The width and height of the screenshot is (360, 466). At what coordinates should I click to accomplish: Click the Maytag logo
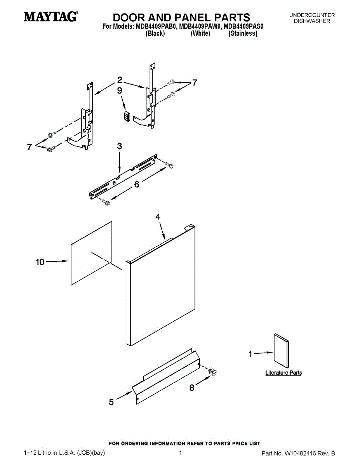pos(50,17)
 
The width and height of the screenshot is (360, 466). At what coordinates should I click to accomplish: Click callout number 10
pos(40,262)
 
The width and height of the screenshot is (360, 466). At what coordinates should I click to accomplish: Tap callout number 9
pos(120,90)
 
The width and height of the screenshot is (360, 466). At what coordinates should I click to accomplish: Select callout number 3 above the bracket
pos(119,146)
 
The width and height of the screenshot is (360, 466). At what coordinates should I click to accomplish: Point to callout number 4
pos(158,217)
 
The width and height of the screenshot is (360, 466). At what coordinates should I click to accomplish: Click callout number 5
pos(111,402)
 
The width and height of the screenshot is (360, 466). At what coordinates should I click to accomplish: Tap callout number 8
pos(191,388)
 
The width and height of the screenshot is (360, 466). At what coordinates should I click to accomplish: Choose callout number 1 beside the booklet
pos(250,354)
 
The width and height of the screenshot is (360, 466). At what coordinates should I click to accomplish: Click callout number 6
pos(137,184)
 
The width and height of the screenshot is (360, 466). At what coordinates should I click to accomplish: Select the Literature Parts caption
pos(283,373)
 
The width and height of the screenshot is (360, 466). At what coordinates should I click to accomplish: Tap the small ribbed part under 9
pos(125,115)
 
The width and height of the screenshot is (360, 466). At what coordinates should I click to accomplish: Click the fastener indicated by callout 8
pos(212,372)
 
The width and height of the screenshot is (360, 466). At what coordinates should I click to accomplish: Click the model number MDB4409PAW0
pos(200,27)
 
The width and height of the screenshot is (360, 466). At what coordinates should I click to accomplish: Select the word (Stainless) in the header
pos(243,34)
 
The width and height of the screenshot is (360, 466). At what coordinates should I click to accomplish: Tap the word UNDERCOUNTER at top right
pos(312,15)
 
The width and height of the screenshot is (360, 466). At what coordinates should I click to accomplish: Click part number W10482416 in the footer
pos(301,453)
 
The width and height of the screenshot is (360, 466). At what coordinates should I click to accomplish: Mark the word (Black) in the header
pos(155,34)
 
